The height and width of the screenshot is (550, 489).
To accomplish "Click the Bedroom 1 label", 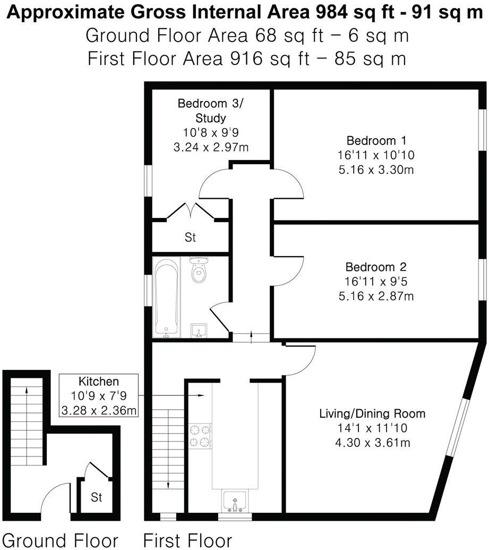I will click(x=376, y=141).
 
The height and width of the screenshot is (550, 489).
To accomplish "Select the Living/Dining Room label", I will click(x=372, y=413).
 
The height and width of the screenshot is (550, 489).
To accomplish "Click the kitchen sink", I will click(x=234, y=501).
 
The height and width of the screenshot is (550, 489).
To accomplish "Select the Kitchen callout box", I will click(x=99, y=396).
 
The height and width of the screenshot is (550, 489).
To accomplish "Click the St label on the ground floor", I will click(x=96, y=498).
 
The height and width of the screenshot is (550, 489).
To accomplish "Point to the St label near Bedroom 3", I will click(x=190, y=238).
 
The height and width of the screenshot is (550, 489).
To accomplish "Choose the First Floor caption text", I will click(x=187, y=540).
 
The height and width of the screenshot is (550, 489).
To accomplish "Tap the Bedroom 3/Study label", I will click(x=209, y=110).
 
